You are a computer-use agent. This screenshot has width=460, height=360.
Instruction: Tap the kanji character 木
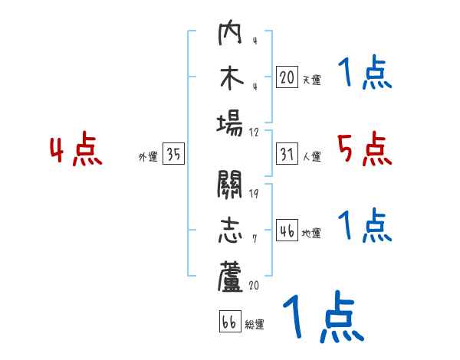230,78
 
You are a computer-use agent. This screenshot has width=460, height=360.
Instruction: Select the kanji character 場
230,123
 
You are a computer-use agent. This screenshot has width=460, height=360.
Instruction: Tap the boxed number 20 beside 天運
287,77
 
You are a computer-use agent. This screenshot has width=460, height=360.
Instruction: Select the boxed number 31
287,155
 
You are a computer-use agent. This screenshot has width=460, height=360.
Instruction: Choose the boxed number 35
173,155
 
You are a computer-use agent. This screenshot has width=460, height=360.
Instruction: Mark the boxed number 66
229,322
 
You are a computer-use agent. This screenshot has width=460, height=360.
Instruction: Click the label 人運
311,156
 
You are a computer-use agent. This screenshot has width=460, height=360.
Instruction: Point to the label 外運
148,156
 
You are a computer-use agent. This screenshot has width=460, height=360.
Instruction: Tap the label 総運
255,323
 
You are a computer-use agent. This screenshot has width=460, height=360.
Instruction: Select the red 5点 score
365,149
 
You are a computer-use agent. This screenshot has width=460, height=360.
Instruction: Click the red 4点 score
77,150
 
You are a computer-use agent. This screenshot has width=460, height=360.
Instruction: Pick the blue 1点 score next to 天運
365,74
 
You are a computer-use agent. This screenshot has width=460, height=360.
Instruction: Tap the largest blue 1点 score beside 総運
322,318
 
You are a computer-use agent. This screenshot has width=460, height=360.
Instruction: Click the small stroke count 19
254,193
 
